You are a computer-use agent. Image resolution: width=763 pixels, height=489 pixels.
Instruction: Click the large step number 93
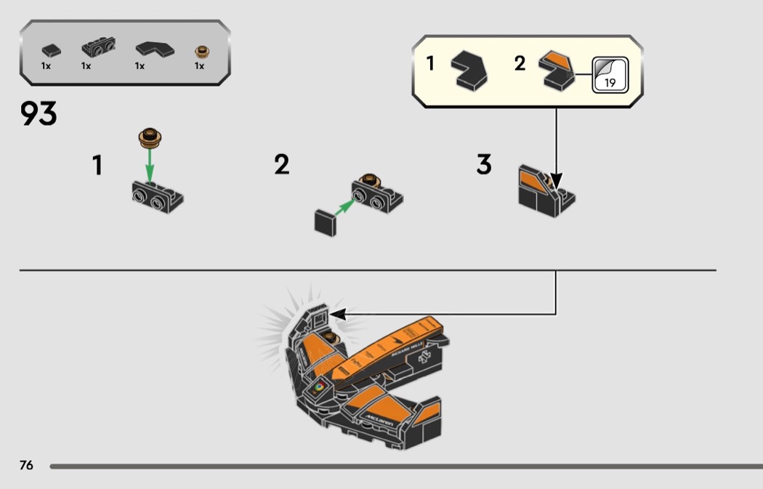[39, 114]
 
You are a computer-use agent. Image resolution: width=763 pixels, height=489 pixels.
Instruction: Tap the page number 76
[26, 465]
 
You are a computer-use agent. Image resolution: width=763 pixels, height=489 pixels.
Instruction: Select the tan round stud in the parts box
[201, 52]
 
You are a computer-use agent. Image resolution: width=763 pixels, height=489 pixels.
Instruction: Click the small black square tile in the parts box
[51, 51]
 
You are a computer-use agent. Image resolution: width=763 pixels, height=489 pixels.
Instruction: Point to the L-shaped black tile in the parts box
[153, 49]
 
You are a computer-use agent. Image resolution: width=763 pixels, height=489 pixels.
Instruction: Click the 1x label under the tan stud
[199, 66]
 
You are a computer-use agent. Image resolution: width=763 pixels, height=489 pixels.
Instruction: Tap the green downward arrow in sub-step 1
[150, 164]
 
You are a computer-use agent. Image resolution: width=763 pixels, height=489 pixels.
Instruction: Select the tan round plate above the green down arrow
[150, 135]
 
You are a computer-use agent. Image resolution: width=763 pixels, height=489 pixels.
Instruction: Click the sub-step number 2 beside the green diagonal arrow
[281, 165]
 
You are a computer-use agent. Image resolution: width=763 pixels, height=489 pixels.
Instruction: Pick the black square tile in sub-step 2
[325, 222]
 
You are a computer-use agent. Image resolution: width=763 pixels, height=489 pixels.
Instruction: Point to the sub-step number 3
[484, 165]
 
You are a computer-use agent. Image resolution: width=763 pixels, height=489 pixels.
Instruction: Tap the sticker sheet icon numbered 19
[609, 75]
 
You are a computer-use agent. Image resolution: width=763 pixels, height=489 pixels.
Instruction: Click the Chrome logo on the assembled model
[318, 387]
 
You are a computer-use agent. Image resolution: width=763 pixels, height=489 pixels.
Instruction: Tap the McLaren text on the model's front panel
[380, 419]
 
